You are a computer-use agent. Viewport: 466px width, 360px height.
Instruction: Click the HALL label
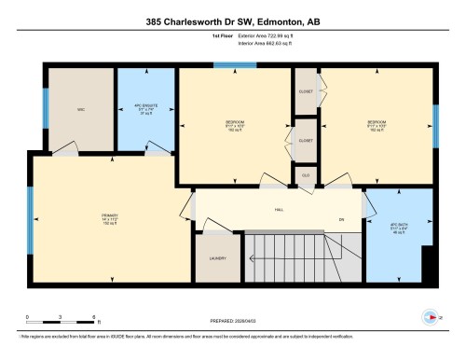coord(279,210)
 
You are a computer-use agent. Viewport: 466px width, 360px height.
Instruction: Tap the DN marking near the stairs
coord(341,219)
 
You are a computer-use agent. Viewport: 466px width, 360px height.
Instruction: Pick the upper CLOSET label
coord(305,90)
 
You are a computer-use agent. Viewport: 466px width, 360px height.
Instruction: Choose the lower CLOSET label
coord(305,140)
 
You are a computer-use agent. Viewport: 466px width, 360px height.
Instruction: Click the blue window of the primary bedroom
coord(30,220)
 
